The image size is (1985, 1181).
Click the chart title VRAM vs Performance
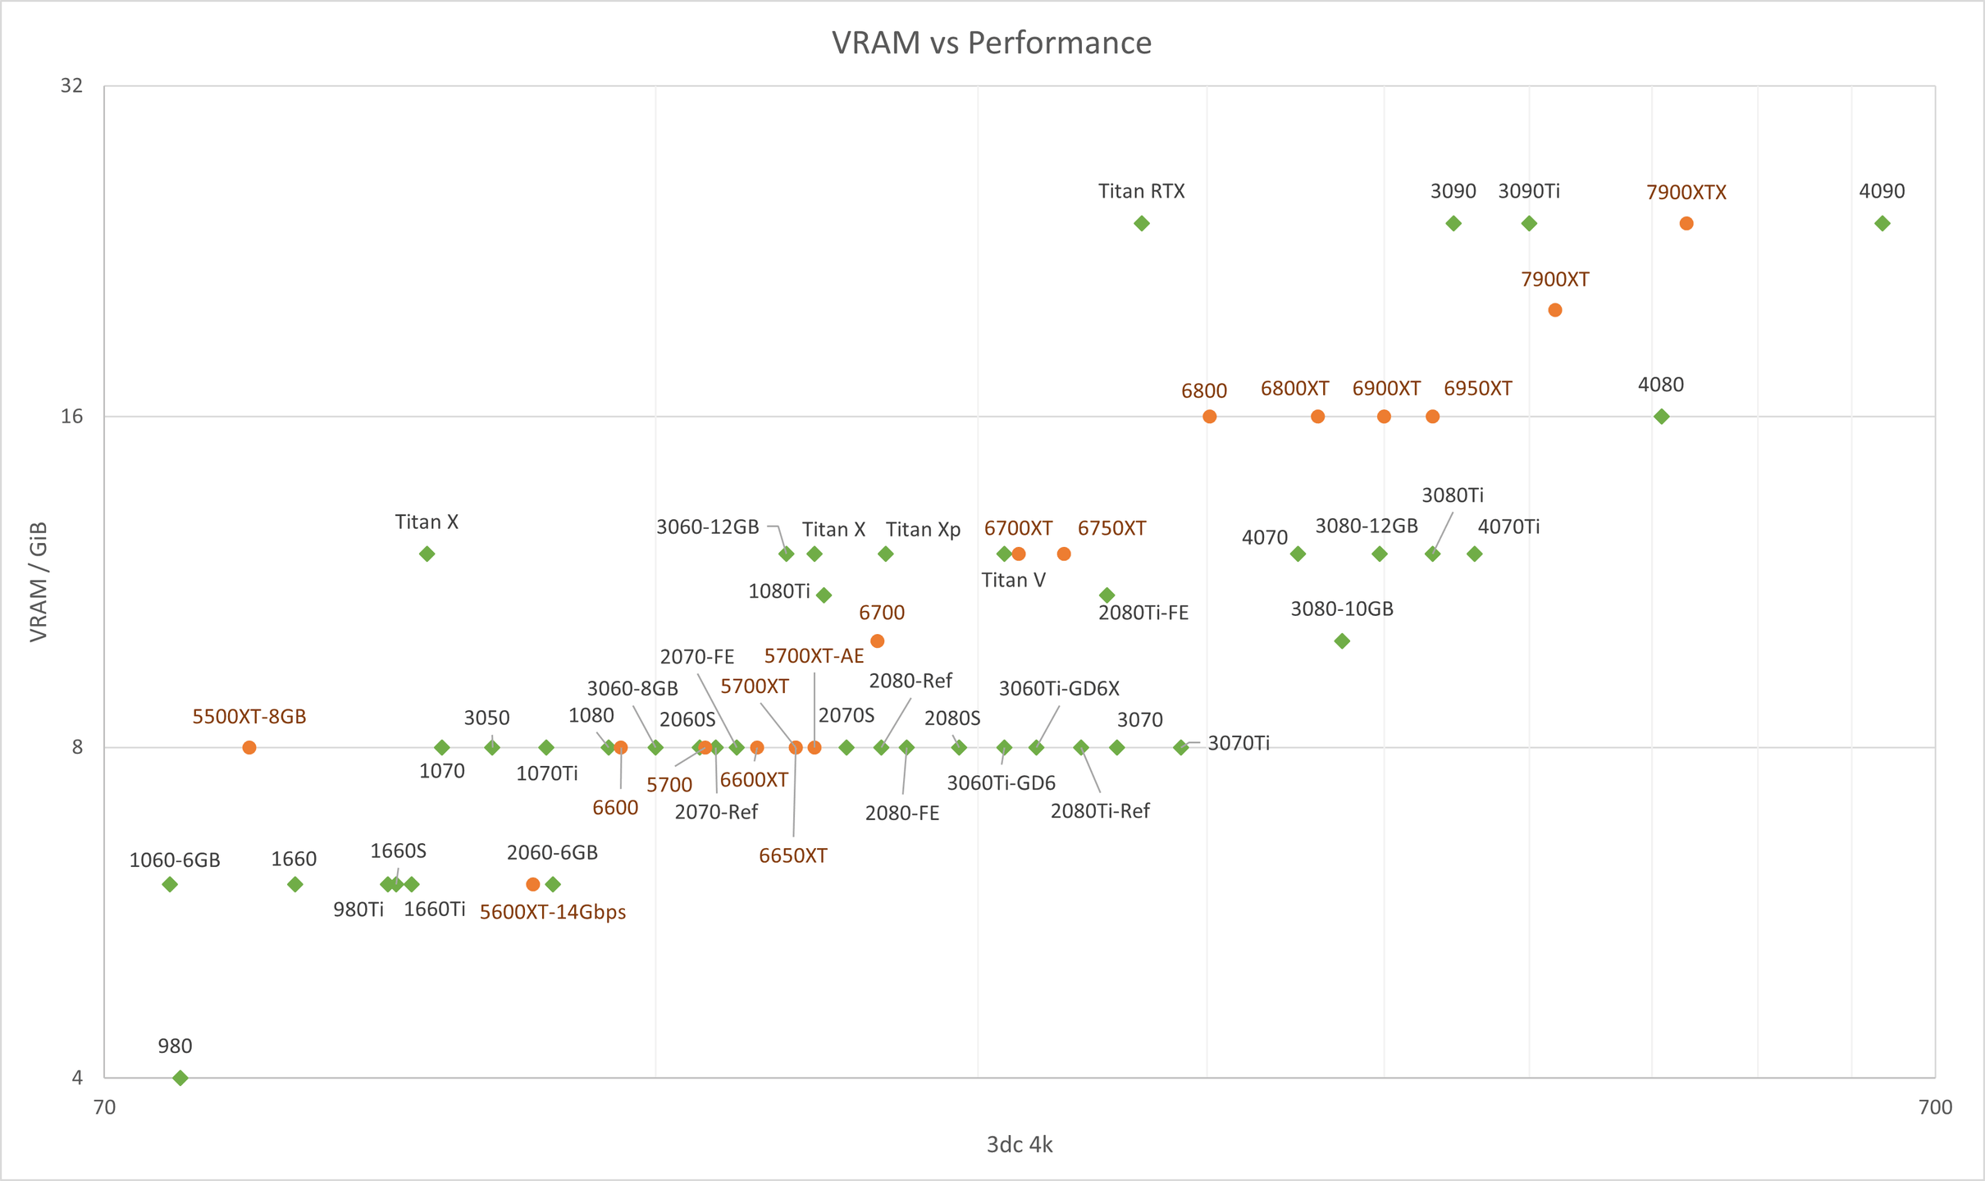[991, 43]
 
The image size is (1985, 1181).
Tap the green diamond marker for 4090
[1882, 224]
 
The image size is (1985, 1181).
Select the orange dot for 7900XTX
[1686, 224]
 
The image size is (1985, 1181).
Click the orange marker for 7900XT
[1555, 310]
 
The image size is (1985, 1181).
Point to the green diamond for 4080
[1662, 417]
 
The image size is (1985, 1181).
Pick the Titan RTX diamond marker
[1142, 224]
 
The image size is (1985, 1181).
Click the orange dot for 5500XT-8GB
[249, 747]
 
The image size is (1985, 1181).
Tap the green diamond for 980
[180, 1078]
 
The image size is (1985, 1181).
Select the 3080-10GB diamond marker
[1342, 641]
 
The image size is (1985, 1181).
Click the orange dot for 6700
[878, 641]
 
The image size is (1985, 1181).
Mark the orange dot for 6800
[1210, 417]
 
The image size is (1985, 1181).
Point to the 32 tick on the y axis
[72, 85]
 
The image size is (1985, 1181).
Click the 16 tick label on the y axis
[72, 417]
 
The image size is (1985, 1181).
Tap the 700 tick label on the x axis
[1936, 1107]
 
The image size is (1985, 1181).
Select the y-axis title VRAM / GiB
[39, 581]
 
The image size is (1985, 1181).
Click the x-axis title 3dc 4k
[1020, 1145]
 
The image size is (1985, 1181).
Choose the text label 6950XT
[1478, 389]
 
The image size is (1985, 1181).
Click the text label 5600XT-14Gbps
[553, 913]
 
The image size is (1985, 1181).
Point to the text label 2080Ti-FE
[1143, 613]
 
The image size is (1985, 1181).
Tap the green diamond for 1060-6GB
[170, 884]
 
